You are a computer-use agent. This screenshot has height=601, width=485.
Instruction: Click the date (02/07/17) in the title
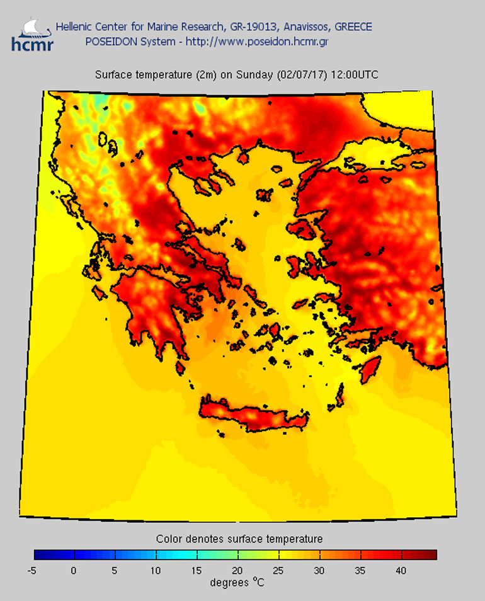pos(299,75)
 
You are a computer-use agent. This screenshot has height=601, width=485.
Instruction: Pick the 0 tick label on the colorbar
pos(74,571)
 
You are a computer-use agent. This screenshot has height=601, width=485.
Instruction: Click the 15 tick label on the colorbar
pos(197,571)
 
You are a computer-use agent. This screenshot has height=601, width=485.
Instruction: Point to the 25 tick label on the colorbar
pos(278,571)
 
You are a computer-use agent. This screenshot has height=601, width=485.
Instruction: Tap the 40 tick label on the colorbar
pos(401,571)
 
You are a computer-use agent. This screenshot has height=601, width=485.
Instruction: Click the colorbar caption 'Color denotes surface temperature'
pos(239,539)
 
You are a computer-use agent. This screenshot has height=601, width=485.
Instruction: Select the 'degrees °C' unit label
pos(237,583)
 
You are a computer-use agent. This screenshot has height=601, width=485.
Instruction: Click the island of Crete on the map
pos(252,416)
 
